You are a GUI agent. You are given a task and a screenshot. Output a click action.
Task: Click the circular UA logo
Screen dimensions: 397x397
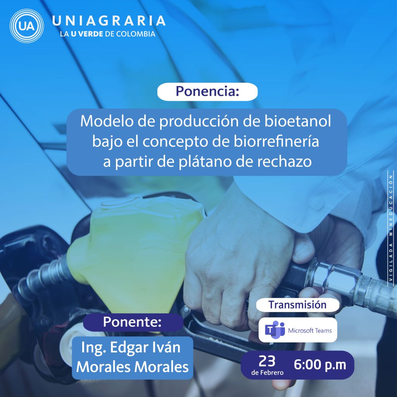[27, 26]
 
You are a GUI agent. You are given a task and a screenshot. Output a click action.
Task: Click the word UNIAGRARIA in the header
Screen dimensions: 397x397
[109, 21]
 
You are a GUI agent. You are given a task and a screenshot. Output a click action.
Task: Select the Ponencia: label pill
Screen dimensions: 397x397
[207, 91]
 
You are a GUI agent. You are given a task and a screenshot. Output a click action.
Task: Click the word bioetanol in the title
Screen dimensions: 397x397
[298, 121]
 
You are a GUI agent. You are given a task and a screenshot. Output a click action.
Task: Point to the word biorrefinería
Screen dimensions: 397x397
[276, 141]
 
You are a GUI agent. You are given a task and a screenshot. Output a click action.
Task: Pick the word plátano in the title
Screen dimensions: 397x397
[205, 162]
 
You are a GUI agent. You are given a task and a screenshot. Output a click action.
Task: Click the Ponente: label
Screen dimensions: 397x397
[133, 322]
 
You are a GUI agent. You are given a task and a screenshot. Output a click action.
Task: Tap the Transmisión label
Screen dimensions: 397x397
[297, 305]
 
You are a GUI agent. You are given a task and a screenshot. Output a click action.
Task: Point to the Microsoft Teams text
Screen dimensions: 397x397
[310, 330]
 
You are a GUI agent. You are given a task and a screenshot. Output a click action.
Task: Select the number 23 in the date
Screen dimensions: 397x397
[267, 361]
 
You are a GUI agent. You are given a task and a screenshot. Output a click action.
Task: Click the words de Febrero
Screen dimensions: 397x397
[268, 373]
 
